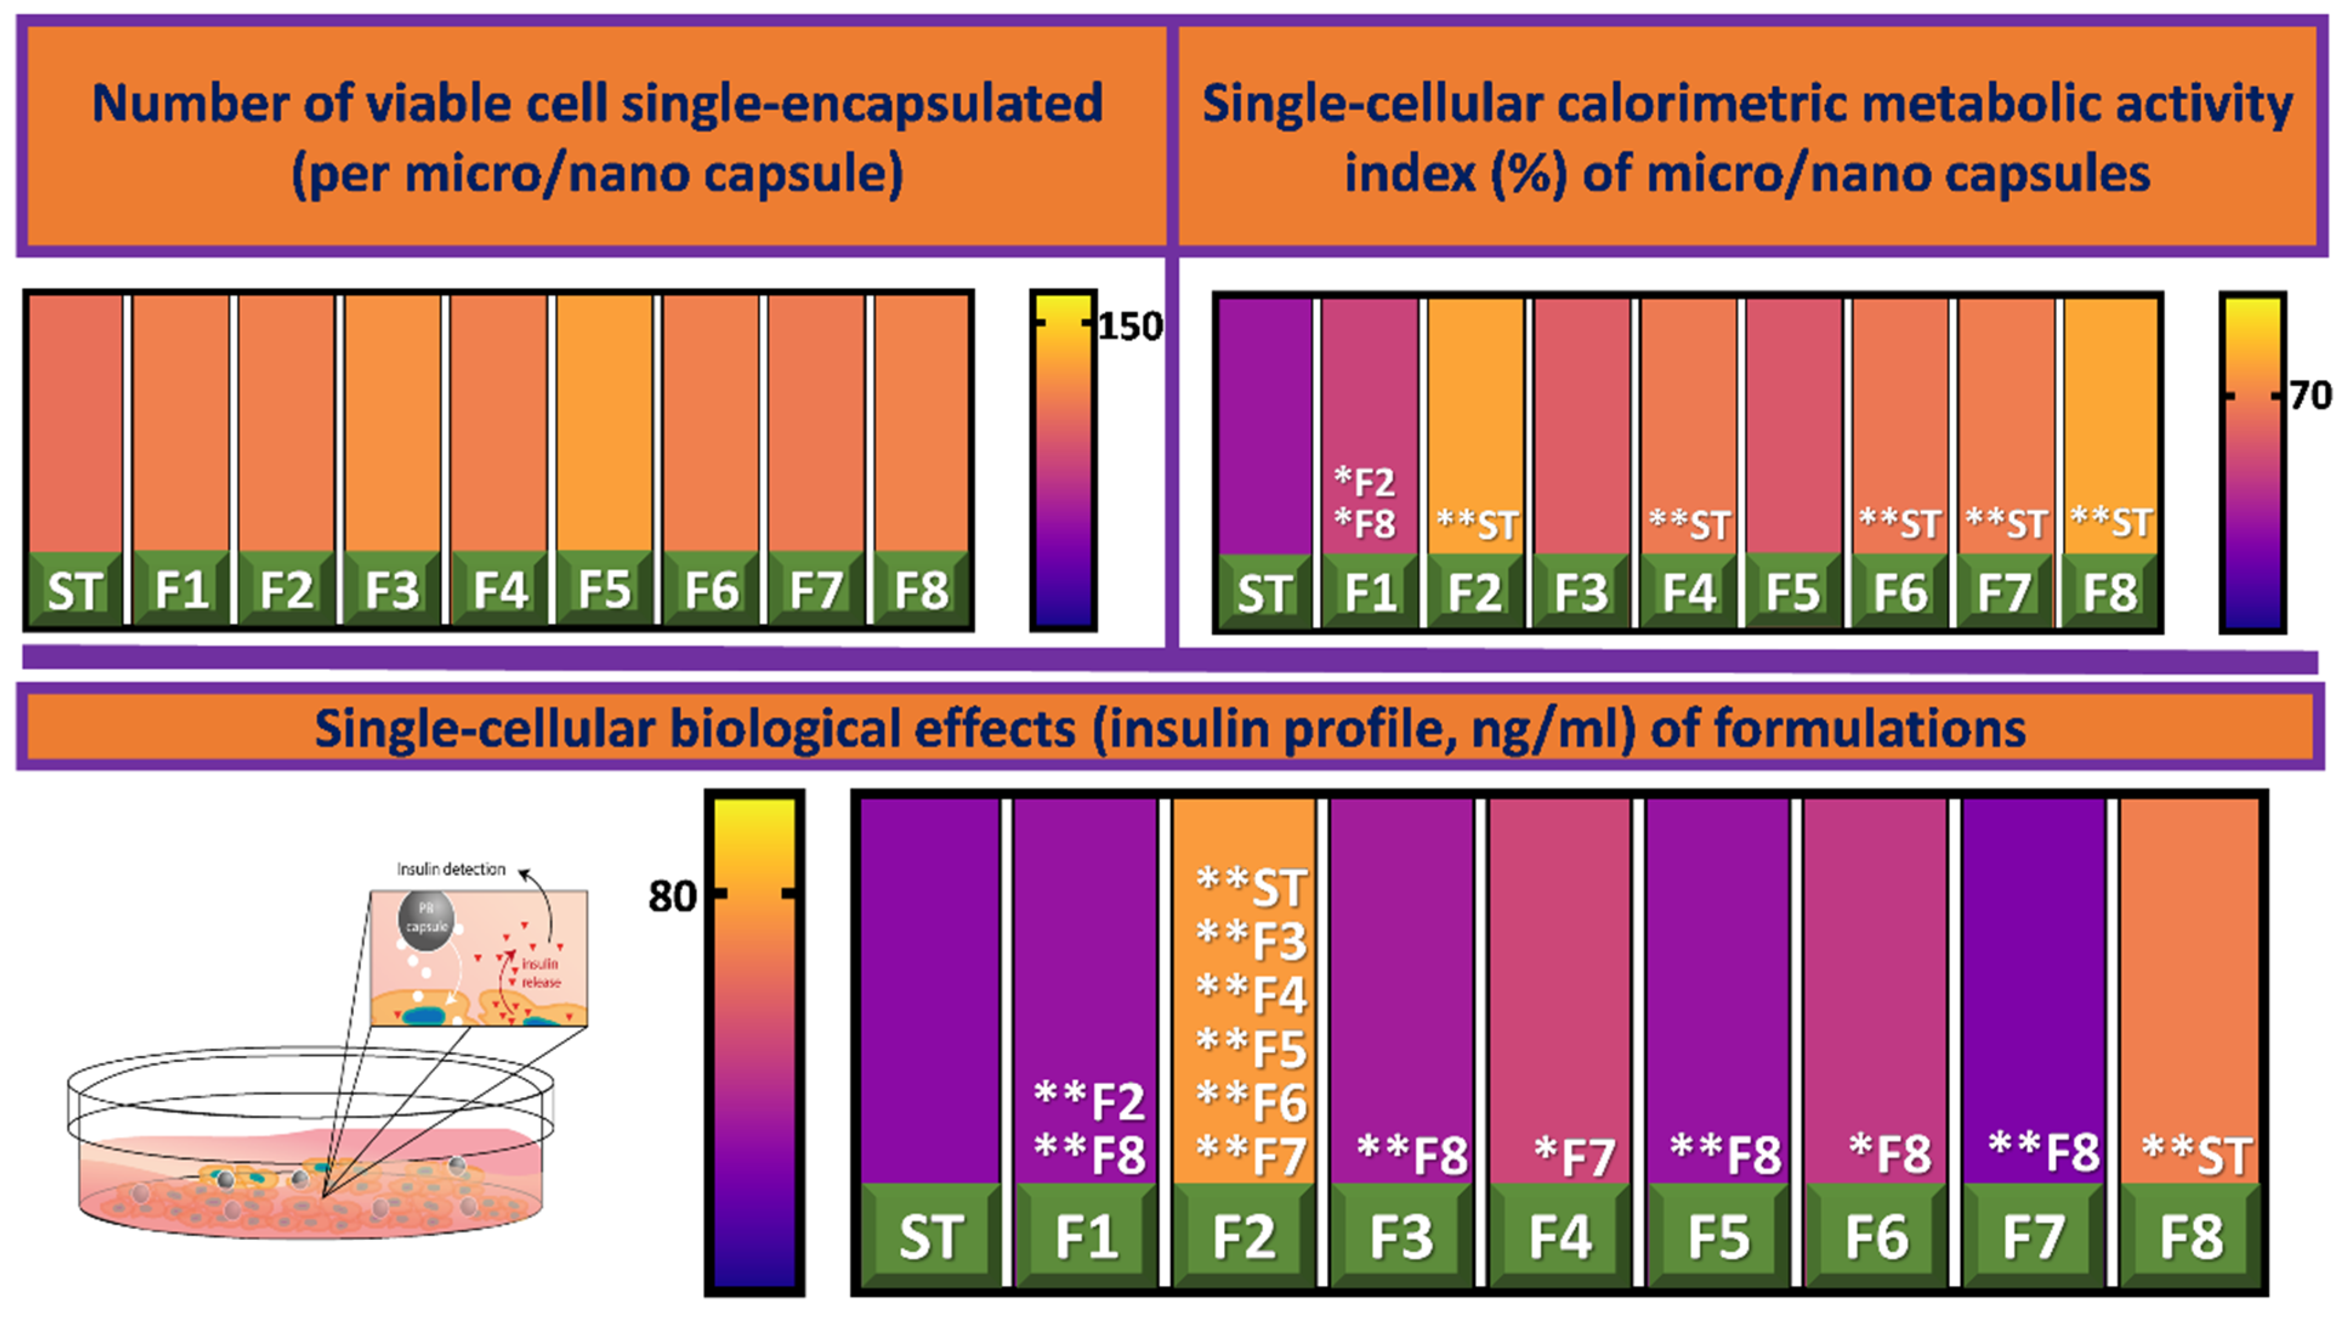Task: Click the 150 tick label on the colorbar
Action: pos(1130,326)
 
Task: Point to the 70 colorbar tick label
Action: pos(2311,395)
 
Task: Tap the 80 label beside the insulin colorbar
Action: pos(672,896)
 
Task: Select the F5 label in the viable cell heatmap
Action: pos(604,590)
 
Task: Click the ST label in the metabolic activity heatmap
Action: pos(1264,594)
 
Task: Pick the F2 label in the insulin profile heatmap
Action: pos(1243,1238)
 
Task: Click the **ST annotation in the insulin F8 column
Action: pos(2196,1155)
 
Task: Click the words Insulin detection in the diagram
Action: pos(451,869)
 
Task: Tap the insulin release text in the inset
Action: pos(540,973)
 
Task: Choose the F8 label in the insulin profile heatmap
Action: pos(2190,1238)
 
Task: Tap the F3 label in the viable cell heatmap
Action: pos(393,590)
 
